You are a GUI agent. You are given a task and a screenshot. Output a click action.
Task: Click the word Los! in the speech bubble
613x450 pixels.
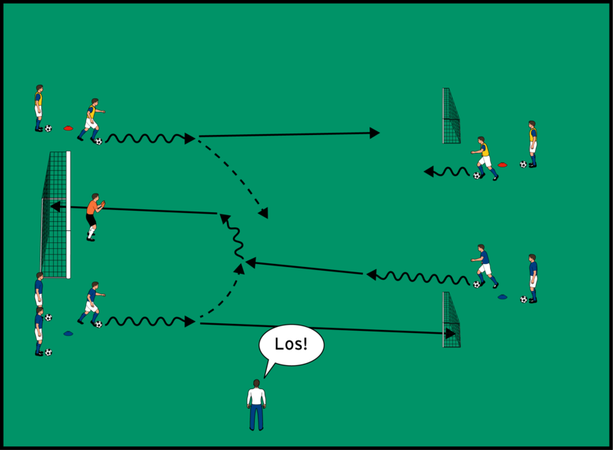tap(292, 343)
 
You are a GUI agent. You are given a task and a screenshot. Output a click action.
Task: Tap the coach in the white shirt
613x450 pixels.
tap(256, 405)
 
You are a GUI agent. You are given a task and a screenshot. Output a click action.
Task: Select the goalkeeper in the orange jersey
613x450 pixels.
tap(94, 217)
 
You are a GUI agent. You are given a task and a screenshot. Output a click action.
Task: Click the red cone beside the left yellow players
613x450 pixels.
tap(68, 128)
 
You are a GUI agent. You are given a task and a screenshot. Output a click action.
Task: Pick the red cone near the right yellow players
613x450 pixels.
tap(502, 165)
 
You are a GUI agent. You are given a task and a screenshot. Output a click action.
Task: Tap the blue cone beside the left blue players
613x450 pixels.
tap(68, 334)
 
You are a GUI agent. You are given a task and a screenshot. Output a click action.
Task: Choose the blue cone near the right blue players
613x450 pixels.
tap(502, 297)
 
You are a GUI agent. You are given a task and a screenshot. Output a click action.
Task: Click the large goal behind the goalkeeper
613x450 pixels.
tap(55, 214)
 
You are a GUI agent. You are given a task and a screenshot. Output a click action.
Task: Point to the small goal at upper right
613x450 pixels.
tap(451, 115)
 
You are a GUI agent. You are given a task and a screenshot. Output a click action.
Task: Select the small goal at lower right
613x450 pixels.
tap(451, 319)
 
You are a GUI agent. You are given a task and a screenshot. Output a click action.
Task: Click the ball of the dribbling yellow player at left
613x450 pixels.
tap(98, 141)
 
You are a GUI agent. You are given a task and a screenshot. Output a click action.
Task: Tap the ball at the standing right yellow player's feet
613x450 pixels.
tap(524, 164)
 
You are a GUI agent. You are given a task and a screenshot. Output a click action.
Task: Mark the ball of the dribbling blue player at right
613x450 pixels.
tap(477, 284)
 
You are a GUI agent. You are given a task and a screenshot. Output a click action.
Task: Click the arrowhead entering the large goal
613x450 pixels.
tap(55, 206)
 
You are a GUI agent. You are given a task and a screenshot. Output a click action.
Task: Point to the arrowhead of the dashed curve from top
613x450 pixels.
tap(264, 212)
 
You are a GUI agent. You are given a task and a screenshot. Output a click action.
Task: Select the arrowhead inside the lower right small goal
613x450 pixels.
tap(450, 334)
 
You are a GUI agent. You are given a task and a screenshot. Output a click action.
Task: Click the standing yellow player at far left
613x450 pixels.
tap(39, 108)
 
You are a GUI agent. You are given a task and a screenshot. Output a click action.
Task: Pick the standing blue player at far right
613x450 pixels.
tap(533, 278)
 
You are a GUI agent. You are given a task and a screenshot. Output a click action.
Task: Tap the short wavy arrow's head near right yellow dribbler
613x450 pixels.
tap(429, 172)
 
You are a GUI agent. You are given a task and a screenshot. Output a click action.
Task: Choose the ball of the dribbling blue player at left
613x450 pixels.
tap(98, 324)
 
